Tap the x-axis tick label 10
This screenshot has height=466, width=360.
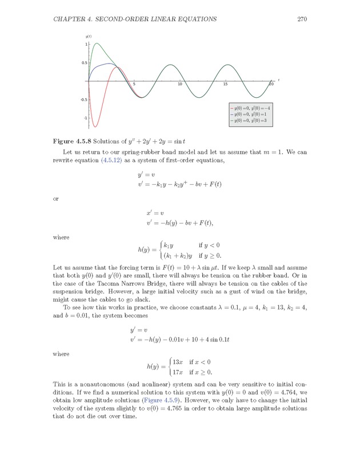coord(179,85)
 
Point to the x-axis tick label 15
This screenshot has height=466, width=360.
coord(225,85)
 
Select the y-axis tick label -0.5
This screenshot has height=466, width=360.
coord(84,99)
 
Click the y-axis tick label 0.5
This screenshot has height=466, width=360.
coord(85,63)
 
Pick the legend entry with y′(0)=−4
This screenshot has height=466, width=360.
coord(249,107)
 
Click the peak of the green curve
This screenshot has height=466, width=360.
coord(96,43)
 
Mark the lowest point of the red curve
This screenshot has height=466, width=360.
coord(95,127)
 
